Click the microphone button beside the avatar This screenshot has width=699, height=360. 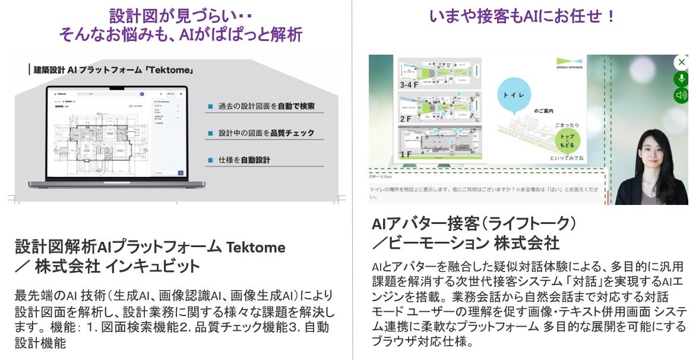tap(681, 78)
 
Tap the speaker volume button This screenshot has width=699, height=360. tap(681, 95)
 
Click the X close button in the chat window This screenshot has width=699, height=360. tap(681, 62)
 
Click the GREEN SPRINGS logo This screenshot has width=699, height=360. tap(569, 63)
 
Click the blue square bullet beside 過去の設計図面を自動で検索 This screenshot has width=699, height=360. tap(210, 107)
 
